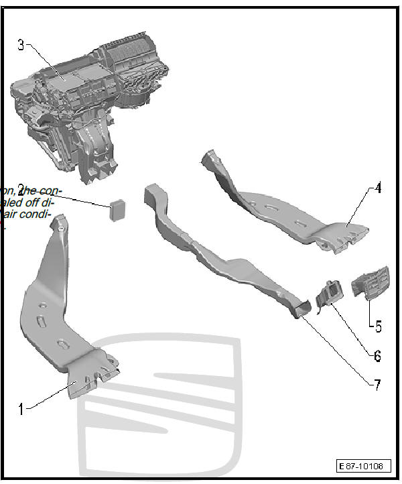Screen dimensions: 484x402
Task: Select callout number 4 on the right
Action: click(378, 188)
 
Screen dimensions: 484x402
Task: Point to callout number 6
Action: click(379, 353)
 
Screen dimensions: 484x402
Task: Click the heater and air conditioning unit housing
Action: click(94, 101)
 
